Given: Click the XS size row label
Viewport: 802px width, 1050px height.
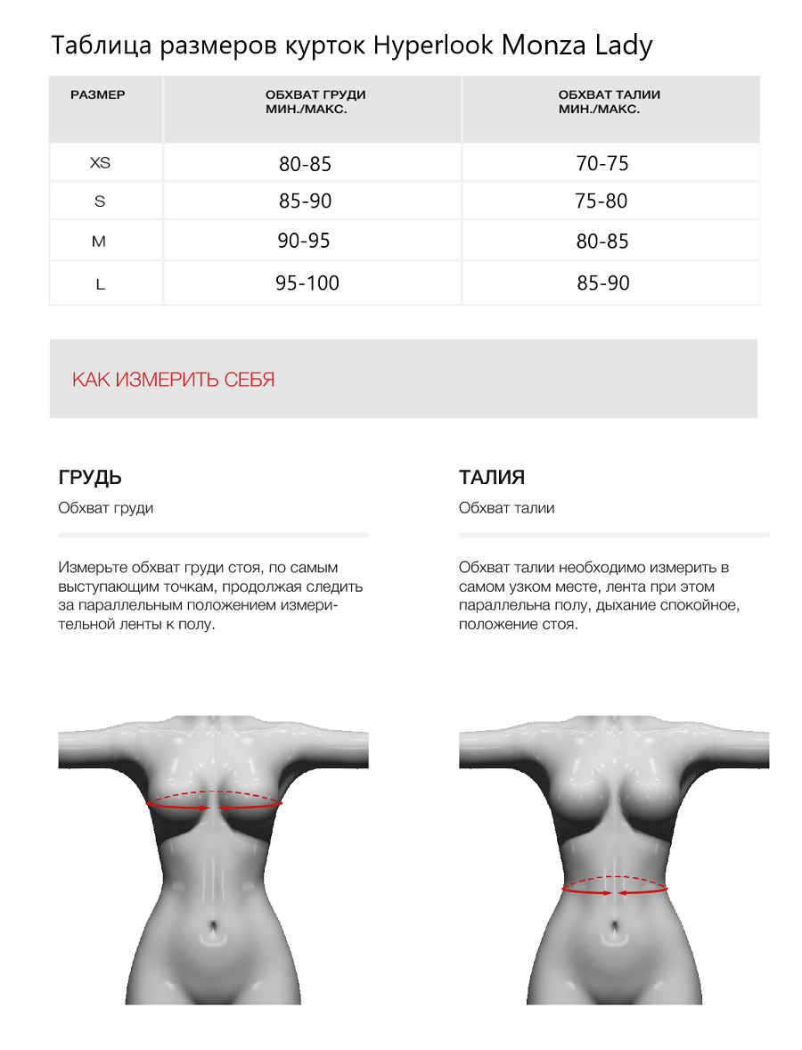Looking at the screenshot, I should [100, 163].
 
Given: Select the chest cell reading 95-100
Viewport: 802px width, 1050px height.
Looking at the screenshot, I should [307, 283].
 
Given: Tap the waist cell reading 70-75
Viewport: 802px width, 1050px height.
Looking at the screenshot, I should [602, 164].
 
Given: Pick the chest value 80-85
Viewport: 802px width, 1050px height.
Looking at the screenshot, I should [305, 164].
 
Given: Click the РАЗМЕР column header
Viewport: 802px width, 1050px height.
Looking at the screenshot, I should [98, 94].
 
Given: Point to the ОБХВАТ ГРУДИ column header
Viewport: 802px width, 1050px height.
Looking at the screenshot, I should [315, 102].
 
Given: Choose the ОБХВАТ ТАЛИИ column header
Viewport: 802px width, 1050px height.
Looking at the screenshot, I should [609, 102].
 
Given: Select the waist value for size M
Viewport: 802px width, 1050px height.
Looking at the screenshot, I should [602, 242].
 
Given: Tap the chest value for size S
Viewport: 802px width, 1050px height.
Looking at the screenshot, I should [305, 201].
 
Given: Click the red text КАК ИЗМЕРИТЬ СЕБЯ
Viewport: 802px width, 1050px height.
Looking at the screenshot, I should [173, 380].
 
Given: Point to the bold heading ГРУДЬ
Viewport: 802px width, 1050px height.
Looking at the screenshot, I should [89, 477].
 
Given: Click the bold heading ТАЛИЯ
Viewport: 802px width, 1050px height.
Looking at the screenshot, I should [492, 477].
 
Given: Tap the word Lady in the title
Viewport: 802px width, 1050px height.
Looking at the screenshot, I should [623, 45].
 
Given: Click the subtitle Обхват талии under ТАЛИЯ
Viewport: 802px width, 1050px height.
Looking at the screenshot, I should [506, 508].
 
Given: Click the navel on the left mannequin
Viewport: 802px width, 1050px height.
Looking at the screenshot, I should [213, 931].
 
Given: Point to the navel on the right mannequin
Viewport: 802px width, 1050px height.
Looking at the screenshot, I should [614, 931].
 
